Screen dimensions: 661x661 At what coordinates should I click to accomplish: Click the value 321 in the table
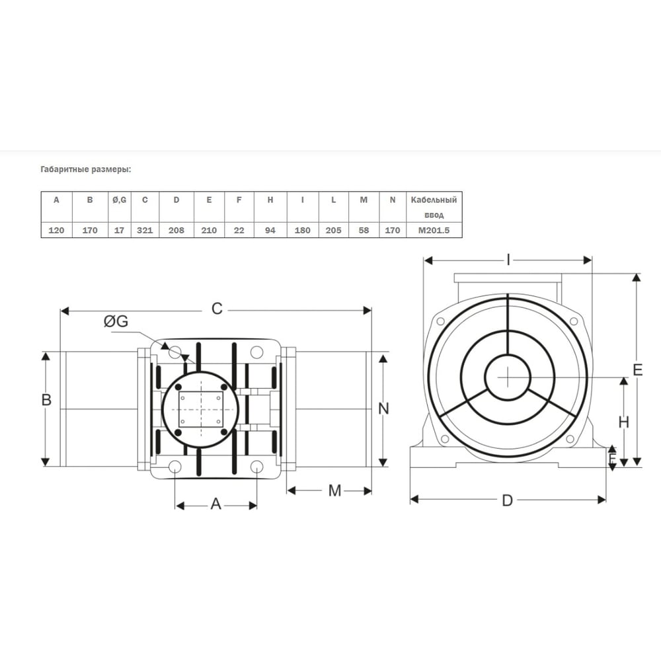(x=145, y=230)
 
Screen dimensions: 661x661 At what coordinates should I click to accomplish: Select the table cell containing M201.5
(x=434, y=230)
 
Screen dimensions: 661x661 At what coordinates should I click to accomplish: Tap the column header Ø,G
(x=119, y=200)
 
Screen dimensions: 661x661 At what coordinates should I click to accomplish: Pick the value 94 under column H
(x=270, y=230)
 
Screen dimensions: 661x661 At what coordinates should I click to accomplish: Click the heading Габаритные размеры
(x=86, y=169)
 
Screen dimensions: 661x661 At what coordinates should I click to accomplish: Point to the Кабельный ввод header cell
(x=434, y=207)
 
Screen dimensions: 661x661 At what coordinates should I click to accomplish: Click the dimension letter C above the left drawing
(x=217, y=309)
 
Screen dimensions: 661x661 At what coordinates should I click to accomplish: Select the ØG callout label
(x=116, y=321)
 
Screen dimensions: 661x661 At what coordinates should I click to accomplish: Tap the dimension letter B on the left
(x=46, y=400)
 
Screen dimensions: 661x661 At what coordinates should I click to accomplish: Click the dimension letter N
(x=383, y=408)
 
